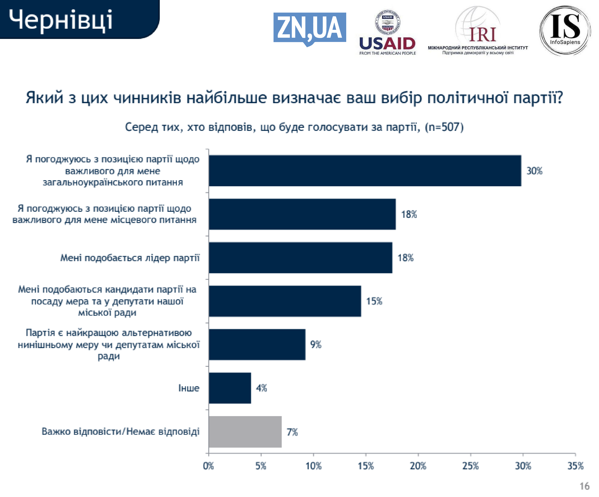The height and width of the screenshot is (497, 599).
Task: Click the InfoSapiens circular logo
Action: click(x=565, y=30)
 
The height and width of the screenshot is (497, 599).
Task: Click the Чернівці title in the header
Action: click(x=61, y=19)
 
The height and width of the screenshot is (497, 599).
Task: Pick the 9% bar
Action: click(x=257, y=344)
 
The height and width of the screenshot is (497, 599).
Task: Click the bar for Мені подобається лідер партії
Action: click(x=300, y=258)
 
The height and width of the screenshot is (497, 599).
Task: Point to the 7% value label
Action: click(x=292, y=432)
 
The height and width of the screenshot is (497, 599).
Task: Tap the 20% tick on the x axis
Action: click(x=418, y=466)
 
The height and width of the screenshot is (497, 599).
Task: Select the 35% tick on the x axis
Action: click(x=575, y=466)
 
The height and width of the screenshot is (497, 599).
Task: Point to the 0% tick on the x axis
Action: click(x=209, y=466)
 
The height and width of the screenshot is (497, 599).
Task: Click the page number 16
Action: click(x=585, y=486)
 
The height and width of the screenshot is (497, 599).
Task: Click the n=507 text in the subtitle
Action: click(x=444, y=127)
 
